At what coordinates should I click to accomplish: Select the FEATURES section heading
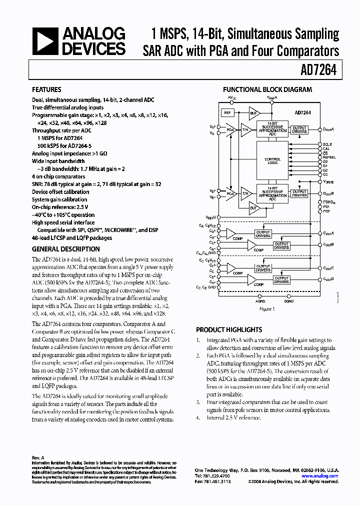click(x=46, y=89)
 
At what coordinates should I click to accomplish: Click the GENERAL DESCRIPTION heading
click(x=65, y=249)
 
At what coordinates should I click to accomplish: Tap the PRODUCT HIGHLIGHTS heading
click(x=228, y=330)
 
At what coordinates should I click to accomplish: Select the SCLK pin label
click(x=327, y=144)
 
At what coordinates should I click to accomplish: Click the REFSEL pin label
click(x=329, y=157)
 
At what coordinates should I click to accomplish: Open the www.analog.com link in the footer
click(x=323, y=476)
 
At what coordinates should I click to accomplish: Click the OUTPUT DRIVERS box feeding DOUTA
click(x=299, y=129)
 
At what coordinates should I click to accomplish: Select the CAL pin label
click(x=326, y=148)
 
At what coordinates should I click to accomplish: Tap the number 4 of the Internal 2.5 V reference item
click(x=198, y=417)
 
